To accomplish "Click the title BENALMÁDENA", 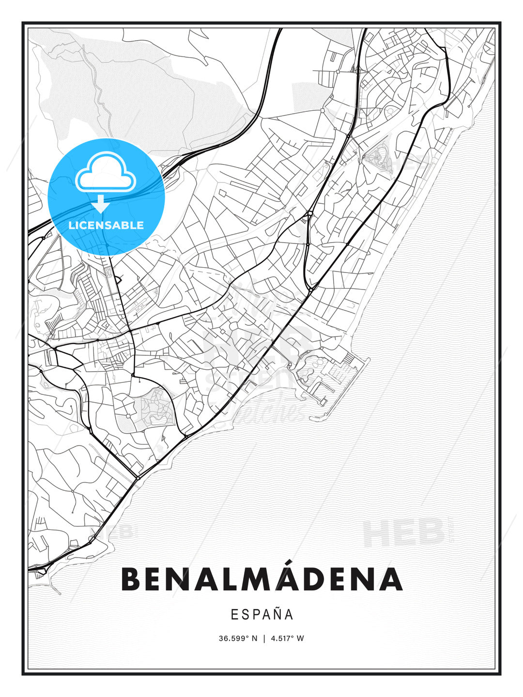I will tap(261, 579).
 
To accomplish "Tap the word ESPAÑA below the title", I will tap(262, 615).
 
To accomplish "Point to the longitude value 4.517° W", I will tap(287, 638).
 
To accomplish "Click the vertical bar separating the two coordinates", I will tap(264, 638).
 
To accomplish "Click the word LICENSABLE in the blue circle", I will tap(106, 225).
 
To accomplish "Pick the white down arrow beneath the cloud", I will tap(101, 204).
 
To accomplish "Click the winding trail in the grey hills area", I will tap(99, 92).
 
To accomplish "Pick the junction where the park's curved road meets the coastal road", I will tap(186, 436).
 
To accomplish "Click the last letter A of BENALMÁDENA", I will tap(391, 579).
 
